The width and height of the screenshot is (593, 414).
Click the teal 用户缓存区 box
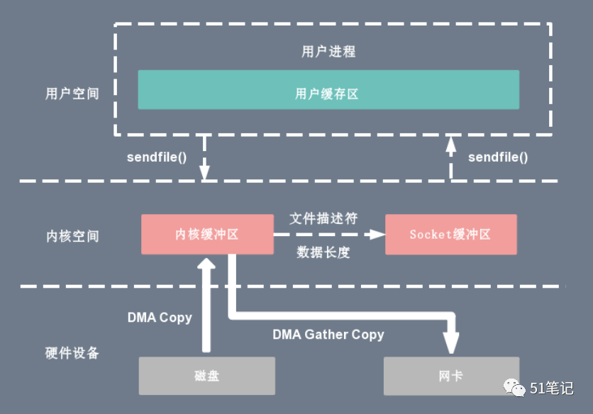coord(328,90)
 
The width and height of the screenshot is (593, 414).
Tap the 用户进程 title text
coord(328,52)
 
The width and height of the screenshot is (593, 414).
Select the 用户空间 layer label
coord(72,94)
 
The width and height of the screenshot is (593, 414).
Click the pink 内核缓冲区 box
coord(207,234)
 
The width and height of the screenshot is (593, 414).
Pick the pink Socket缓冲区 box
coord(450,234)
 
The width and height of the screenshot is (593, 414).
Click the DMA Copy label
coord(160,318)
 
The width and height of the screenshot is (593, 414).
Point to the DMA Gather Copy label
coord(328,334)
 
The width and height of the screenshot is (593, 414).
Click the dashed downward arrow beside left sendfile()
coord(205,157)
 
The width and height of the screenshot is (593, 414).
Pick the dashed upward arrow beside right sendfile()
coord(450,157)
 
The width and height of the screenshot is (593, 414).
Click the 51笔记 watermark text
coord(550,388)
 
